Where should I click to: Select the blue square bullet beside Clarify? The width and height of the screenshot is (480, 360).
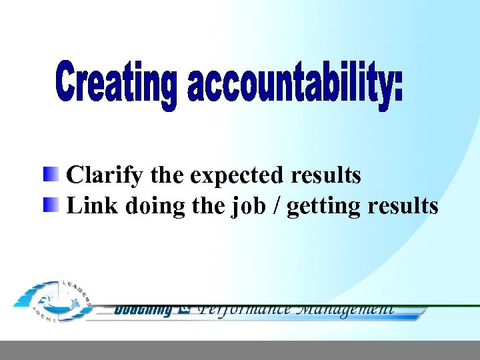pos(51,175)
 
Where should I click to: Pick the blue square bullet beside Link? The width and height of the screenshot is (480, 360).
pos(51,205)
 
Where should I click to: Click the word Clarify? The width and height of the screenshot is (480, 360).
pos(105,175)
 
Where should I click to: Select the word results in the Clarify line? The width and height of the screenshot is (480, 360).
pos(326,175)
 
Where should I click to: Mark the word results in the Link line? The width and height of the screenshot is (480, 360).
pos(403,206)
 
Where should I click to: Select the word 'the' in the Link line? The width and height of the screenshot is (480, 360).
pos(209,205)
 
